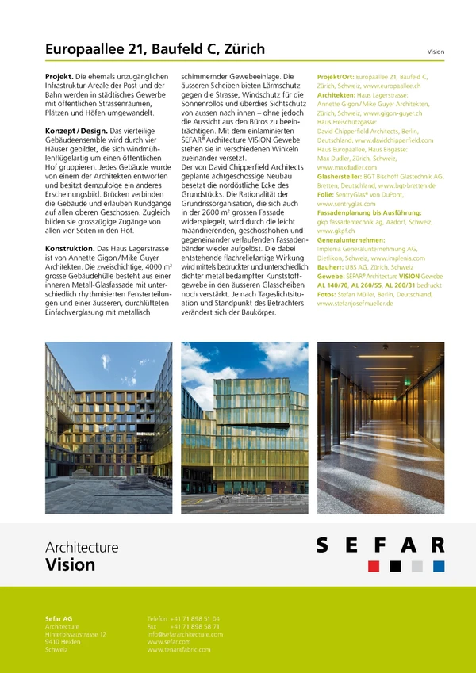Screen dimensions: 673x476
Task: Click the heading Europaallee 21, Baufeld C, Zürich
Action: pyautogui.click(x=155, y=49)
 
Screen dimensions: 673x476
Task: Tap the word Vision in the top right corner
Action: pyautogui.click(x=436, y=51)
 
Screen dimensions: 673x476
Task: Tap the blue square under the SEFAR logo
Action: pyautogui.click(x=439, y=566)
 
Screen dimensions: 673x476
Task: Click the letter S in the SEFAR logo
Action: pyautogui.click(x=323, y=546)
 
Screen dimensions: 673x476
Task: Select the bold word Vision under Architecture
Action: pyautogui.click(x=70, y=565)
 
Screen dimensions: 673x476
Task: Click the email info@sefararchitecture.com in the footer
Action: pyautogui.click(x=185, y=634)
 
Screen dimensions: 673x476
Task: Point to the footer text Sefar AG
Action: pyautogui.click(x=59, y=618)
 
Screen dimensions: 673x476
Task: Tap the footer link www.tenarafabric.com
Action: pyautogui.click(x=178, y=649)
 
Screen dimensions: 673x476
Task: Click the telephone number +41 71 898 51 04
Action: pyautogui.click(x=194, y=618)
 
